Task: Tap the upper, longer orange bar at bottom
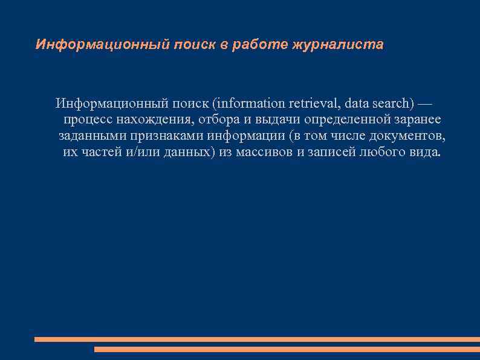[257, 339]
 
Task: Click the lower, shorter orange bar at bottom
[287, 349]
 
